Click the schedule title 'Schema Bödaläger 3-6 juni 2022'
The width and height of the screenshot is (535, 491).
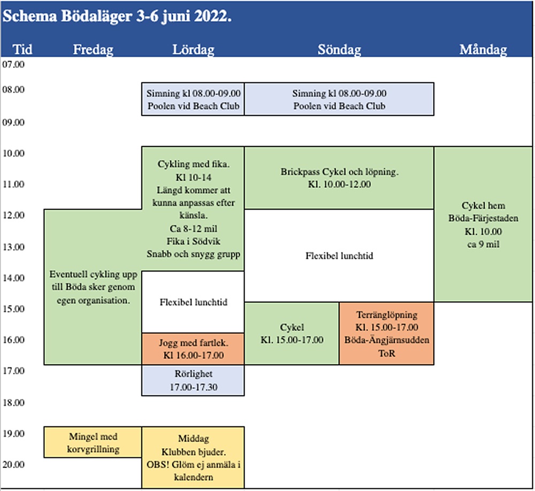[117, 16]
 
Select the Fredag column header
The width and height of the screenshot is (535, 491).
[93, 50]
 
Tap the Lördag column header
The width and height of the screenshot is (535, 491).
[193, 50]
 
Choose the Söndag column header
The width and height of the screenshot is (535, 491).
[339, 50]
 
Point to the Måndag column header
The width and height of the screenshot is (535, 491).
[483, 50]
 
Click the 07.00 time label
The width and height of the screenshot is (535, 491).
[13, 64]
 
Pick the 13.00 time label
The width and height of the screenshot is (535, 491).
[13, 247]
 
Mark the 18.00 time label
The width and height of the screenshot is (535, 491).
[13, 402]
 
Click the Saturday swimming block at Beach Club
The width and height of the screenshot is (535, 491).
[193, 99]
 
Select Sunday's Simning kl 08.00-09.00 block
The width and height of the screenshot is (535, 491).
[339, 99]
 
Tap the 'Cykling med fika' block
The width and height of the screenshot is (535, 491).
[193, 209]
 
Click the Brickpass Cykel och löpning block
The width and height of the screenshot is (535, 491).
[339, 178]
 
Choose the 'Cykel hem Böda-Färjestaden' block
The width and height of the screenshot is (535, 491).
[483, 224]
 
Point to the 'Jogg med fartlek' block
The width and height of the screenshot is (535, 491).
[193, 349]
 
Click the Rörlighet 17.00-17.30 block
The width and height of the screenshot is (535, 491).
[193, 380]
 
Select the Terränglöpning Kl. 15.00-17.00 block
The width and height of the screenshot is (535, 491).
[387, 333]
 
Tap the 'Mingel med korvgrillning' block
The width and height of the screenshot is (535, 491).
[93, 442]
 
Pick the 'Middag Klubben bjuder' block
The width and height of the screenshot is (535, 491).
[193, 457]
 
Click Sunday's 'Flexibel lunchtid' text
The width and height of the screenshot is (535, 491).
[339, 256]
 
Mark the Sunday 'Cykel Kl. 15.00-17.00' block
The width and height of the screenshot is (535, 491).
[292, 333]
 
